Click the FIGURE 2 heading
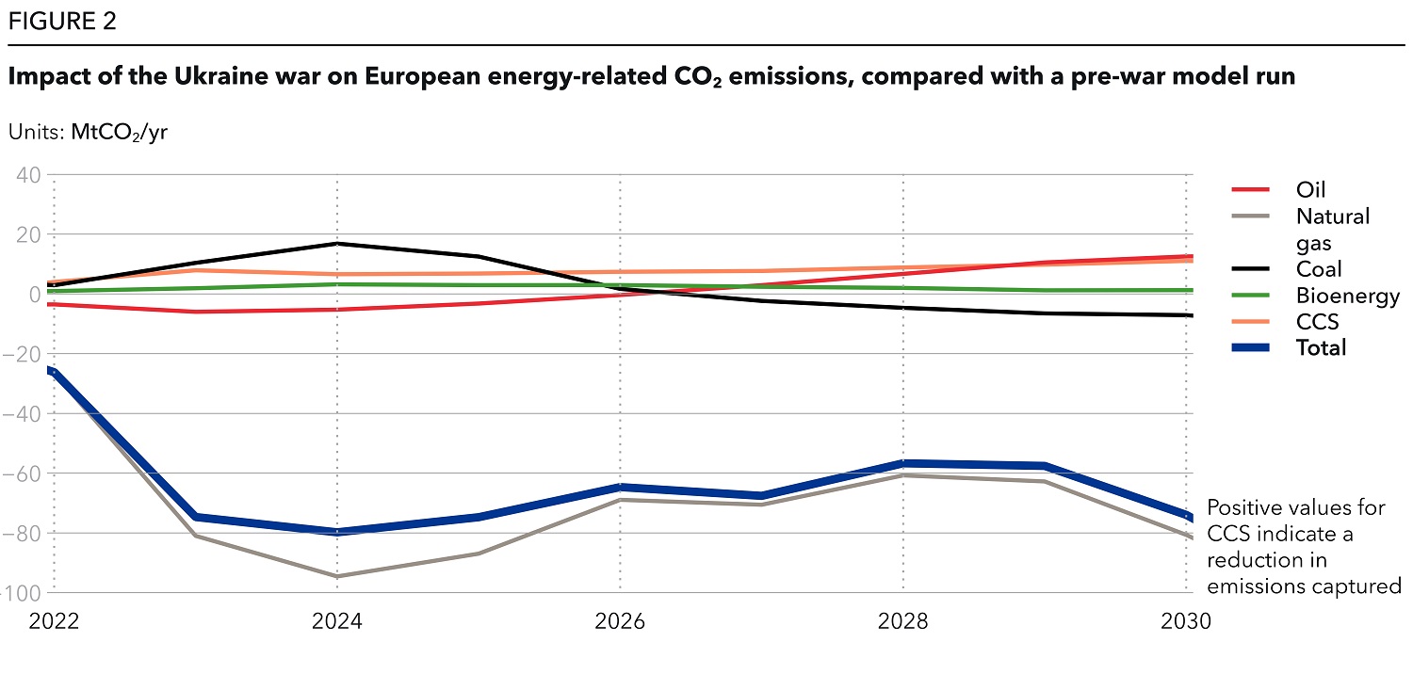[62, 22]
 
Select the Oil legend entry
[1310, 190]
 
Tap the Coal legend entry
[1318, 269]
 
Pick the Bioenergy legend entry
[1347, 296]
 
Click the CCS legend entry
[1317, 322]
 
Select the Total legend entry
[1321, 347]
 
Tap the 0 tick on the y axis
[35, 294]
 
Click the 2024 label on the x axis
[336, 622]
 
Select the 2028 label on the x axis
[903, 622]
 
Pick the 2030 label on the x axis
[1186, 622]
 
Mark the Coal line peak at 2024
[337, 244]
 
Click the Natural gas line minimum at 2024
[337, 576]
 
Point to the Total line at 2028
[903, 463]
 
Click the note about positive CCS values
[1304, 547]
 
